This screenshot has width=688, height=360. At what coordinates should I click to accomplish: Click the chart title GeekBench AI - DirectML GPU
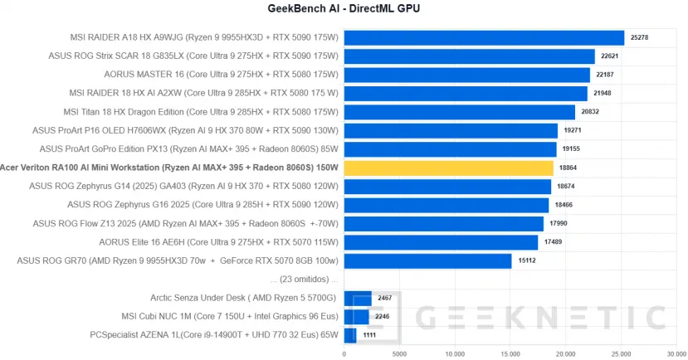[x=344, y=9]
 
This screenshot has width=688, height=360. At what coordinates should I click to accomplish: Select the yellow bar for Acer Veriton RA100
[x=448, y=168]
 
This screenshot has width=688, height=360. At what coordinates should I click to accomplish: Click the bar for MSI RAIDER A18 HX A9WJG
[x=484, y=37]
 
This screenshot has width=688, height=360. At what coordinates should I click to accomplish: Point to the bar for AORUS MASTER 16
[x=466, y=75]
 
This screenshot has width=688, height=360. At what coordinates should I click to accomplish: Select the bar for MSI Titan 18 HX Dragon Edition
[x=459, y=112]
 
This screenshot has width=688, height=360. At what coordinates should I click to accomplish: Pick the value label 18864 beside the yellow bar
[x=569, y=168]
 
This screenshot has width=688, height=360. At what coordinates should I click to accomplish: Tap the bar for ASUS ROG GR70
[x=427, y=261]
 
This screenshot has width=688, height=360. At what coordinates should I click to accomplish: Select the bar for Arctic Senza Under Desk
[x=358, y=298]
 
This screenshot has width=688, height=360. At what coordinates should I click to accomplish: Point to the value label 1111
[x=370, y=335]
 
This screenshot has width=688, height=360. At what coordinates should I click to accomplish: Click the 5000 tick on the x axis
[x=399, y=353]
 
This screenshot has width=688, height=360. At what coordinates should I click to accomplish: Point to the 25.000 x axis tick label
[x=620, y=353]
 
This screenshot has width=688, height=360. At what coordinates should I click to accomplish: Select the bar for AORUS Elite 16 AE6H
[x=441, y=242]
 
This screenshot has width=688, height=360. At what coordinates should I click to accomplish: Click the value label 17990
[x=559, y=224]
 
